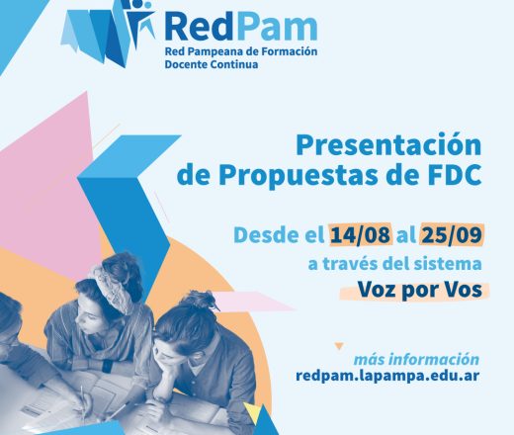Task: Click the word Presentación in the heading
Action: coord(388,146)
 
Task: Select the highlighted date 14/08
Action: coord(361,235)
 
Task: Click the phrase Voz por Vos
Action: coord(419,290)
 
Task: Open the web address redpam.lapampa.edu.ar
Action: coord(387,376)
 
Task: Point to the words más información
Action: coord(416,359)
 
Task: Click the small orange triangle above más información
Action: coord(339,346)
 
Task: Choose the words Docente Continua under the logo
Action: coord(212,64)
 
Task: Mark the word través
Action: coord(350,263)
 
